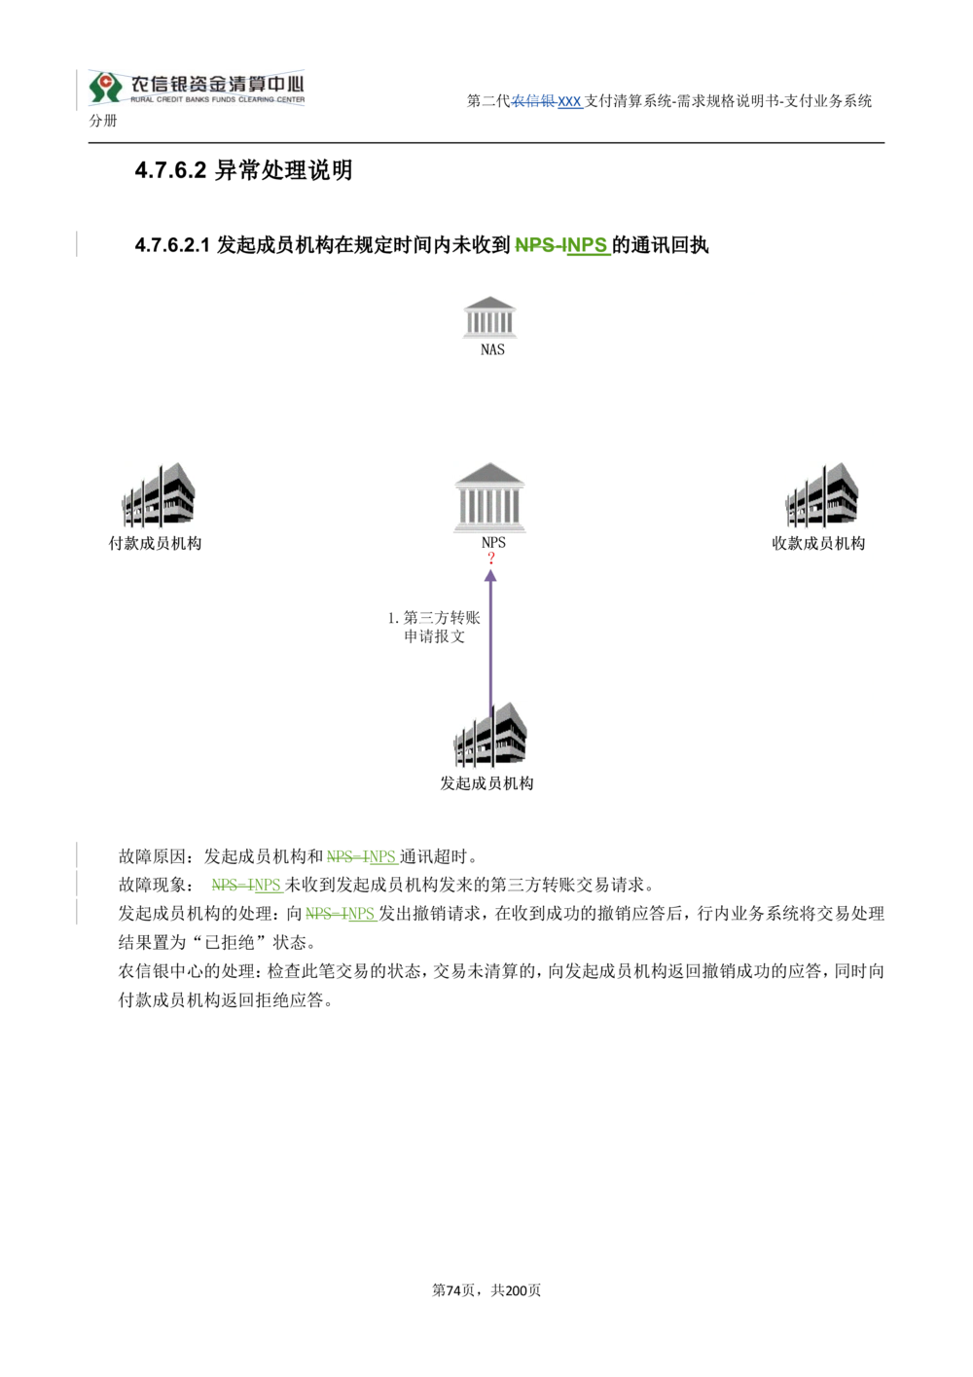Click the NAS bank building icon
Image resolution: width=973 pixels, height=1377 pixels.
click(x=489, y=317)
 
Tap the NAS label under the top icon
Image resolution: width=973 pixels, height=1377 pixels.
click(x=492, y=349)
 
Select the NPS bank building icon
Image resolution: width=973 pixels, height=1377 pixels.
click(x=489, y=497)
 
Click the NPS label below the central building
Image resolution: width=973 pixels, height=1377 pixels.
click(x=493, y=542)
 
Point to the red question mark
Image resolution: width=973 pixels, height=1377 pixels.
click(x=491, y=558)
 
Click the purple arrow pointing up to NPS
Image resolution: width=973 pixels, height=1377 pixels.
click(x=490, y=643)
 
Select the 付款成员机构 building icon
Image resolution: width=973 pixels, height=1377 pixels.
click(x=159, y=495)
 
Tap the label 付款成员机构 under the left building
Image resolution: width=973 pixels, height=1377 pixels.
click(x=155, y=543)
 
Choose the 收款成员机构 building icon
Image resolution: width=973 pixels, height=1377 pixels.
click(x=822, y=495)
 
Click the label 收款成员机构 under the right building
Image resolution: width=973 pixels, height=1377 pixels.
click(x=818, y=543)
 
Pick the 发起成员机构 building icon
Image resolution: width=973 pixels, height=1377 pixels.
click(x=489, y=735)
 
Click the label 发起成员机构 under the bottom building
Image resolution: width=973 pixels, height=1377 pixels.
click(x=486, y=783)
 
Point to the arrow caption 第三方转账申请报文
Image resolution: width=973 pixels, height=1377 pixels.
click(x=435, y=627)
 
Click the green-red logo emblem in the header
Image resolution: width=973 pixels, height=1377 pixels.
click(x=105, y=88)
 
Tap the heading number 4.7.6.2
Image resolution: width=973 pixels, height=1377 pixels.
click(x=171, y=170)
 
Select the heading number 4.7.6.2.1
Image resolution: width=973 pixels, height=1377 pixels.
click(x=172, y=245)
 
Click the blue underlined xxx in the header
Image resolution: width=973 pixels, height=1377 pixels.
click(x=569, y=101)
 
